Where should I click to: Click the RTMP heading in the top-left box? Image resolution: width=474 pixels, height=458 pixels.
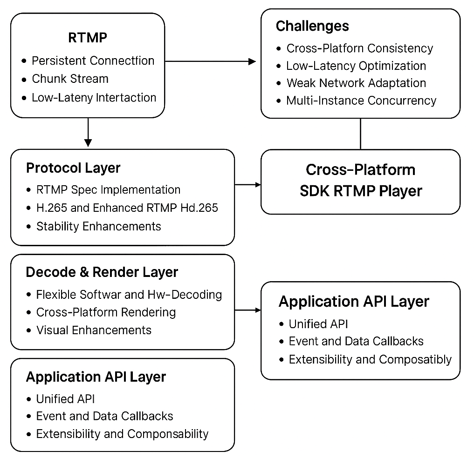click(x=88, y=38)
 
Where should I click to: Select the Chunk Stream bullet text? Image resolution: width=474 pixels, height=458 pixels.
click(x=70, y=79)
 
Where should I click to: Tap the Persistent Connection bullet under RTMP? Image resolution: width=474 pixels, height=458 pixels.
click(x=93, y=61)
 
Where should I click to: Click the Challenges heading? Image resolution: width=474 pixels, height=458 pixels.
click(x=312, y=26)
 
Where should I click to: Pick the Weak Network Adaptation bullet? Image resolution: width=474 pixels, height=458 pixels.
click(x=357, y=83)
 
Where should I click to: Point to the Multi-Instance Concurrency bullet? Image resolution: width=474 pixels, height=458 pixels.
click(x=361, y=101)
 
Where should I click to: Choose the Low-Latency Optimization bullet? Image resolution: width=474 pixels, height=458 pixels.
click(x=356, y=66)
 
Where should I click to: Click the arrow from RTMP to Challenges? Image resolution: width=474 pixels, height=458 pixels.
click(x=210, y=61)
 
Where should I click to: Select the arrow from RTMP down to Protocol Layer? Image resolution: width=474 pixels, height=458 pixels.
click(x=88, y=132)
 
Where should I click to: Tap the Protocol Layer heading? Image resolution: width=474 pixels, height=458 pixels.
click(x=73, y=168)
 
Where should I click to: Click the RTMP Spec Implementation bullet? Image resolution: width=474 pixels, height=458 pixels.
click(x=108, y=190)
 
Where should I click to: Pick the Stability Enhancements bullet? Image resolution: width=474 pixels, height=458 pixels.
click(x=98, y=226)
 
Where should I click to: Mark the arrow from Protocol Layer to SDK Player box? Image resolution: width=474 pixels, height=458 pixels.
click(x=248, y=184)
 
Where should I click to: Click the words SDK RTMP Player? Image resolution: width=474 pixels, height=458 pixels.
click(x=361, y=191)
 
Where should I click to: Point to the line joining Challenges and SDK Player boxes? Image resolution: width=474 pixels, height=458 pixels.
click(x=361, y=134)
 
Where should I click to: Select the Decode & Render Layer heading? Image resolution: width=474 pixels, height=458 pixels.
click(x=102, y=272)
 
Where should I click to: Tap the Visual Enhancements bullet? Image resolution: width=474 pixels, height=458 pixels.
click(x=94, y=330)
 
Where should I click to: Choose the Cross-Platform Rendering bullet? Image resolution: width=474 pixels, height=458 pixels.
click(x=106, y=312)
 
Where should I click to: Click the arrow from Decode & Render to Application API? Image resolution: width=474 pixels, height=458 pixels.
click(x=248, y=310)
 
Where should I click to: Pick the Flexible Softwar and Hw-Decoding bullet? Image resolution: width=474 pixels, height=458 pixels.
click(x=129, y=295)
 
